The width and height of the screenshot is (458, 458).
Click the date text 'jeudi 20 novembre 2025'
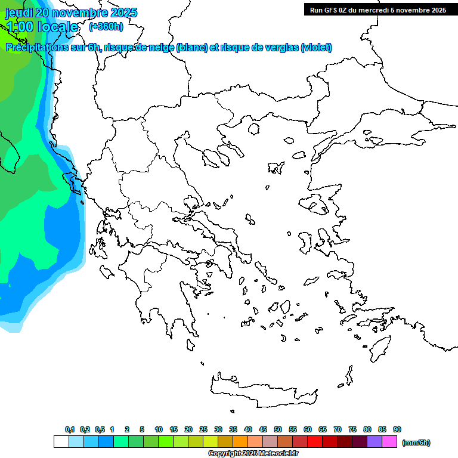(71, 13)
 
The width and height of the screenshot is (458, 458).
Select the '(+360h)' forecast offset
(106, 27)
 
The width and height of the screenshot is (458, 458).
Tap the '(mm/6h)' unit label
(416, 442)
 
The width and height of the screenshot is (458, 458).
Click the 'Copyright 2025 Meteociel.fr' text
(253, 454)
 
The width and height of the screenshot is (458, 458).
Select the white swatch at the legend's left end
(61, 442)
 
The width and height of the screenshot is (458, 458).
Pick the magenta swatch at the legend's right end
(390, 442)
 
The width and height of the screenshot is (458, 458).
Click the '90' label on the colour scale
(397, 429)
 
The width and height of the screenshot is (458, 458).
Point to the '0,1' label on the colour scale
(70, 429)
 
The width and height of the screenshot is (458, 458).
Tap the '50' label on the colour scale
(278, 429)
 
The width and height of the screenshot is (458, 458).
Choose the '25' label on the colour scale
(203, 429)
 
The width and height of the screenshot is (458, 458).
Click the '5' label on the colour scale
(142, 429)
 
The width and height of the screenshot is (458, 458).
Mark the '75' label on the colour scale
(352, 429)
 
